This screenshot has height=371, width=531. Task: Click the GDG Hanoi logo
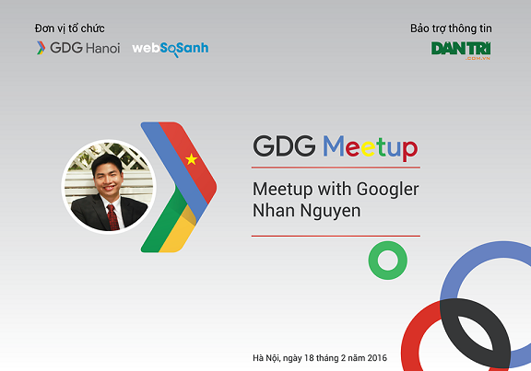coord(77,48)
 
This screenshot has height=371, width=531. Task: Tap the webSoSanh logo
coord(171,48)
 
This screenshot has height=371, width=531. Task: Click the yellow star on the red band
coord(192,159)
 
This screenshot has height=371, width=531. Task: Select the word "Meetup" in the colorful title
coord(371,147)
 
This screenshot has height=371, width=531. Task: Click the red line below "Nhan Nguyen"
coord(336,236)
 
